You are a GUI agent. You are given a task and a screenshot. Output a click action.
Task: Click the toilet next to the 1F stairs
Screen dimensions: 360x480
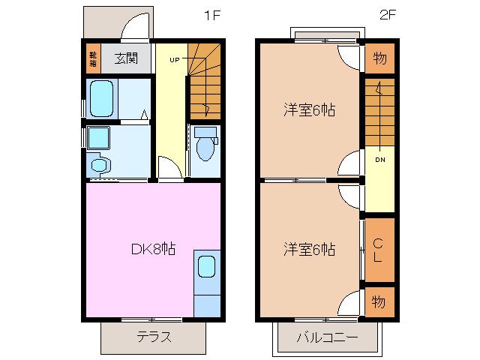pyautogui.click(x=204, y=145)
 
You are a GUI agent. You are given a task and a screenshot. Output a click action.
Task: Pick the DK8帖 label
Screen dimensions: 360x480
pyautogui.click(x=153, y=248)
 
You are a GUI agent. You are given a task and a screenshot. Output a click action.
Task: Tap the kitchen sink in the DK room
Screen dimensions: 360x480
pyautogui.click(x=206, y=267)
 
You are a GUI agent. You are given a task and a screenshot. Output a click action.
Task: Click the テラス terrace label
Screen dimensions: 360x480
pyautogui.click(x=154, y=336)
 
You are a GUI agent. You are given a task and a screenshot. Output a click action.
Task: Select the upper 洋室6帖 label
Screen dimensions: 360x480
pyautogui.click(x=309, y=110)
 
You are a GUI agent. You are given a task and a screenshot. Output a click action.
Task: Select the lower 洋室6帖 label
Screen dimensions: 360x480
pyautogui.click(x=309, y=248)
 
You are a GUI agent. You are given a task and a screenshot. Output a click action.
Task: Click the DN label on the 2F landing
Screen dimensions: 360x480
pyautogui.click(x=379, y=160)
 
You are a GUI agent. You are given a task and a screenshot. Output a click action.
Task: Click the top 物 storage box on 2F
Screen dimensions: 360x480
pyautogui.click(x=379, y=57)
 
